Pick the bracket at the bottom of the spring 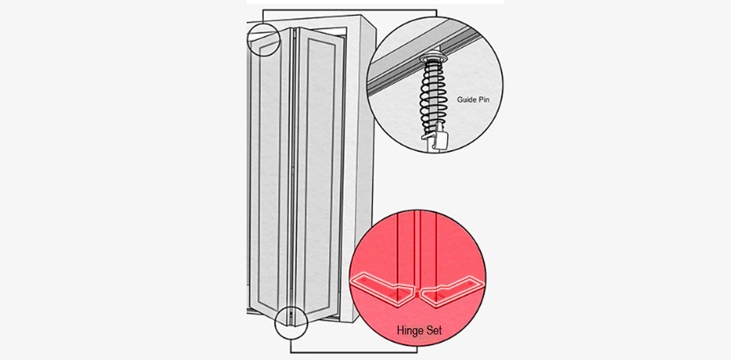coord(436,140)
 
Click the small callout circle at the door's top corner coord(263,39)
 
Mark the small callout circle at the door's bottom coord(291,322)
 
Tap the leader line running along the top coord(350,10)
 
